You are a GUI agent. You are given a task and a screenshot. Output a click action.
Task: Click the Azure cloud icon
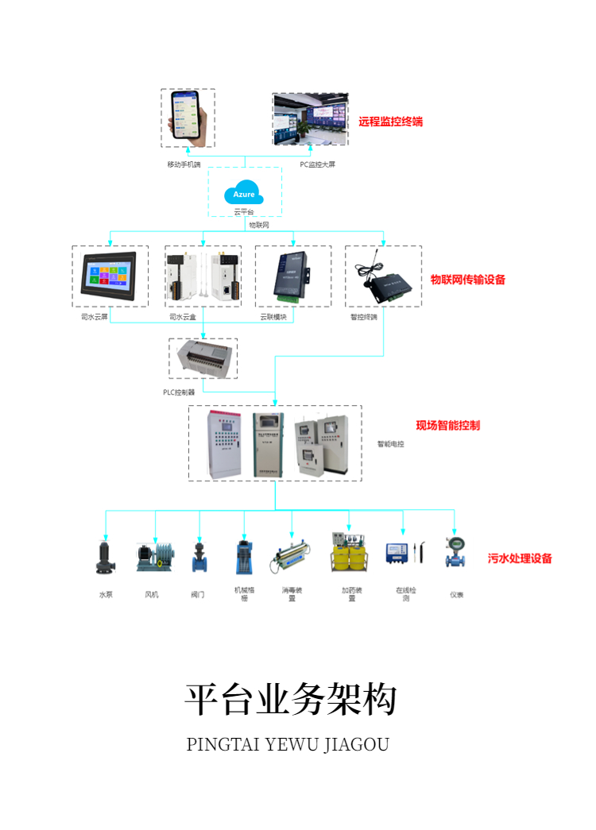[245, 193]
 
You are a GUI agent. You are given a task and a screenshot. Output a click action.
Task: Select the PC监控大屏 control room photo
[309, 120]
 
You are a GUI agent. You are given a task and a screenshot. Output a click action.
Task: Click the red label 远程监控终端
[390, 122]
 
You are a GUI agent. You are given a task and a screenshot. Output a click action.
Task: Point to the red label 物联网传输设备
[467, 280]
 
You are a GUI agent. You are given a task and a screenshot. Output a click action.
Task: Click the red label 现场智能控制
[447, 425]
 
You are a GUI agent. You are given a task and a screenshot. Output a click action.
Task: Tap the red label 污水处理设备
[520, 558]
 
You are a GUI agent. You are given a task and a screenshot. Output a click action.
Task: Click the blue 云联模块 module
[291, 276]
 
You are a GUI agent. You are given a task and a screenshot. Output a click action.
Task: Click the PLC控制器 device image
[203, 357]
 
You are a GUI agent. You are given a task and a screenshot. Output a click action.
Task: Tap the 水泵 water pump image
[104, 556]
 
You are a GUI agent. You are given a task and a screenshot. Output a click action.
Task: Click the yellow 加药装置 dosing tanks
[349, 554]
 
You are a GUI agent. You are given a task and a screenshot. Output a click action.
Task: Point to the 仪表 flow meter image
[455, 553]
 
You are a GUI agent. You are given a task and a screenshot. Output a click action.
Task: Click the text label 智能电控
[390, 444]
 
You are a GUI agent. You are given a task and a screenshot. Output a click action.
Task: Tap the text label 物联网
[259, 225]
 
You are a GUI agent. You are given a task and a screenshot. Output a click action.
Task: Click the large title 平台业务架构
[291, 699]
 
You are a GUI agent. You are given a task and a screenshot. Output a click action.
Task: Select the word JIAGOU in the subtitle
[356, 745]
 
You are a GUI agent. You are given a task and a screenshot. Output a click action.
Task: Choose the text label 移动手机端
[184, 164]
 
